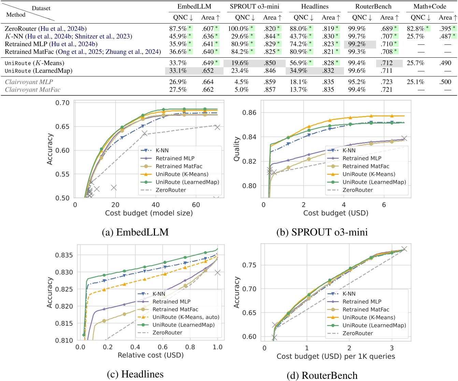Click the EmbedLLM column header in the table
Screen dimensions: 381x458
tap(194, 6)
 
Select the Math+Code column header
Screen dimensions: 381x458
tap(429, 6)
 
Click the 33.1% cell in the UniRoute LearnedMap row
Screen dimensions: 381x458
tap(178, 71)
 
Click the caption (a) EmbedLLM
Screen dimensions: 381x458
tap(135, 232)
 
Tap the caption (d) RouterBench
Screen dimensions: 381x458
tap(322, 376)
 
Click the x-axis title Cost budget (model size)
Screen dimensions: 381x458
tap(149, 213)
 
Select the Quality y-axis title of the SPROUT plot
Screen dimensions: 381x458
tap(237, 149)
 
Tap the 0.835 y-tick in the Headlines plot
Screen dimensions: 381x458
tap(64, 255)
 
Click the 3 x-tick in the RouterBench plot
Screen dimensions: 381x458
tap(392, 348)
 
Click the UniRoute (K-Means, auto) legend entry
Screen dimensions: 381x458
tap(186, 317)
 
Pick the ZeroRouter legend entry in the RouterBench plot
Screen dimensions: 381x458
tap(358, 333)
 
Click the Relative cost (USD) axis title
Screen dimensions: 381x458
tap(151, 355)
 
